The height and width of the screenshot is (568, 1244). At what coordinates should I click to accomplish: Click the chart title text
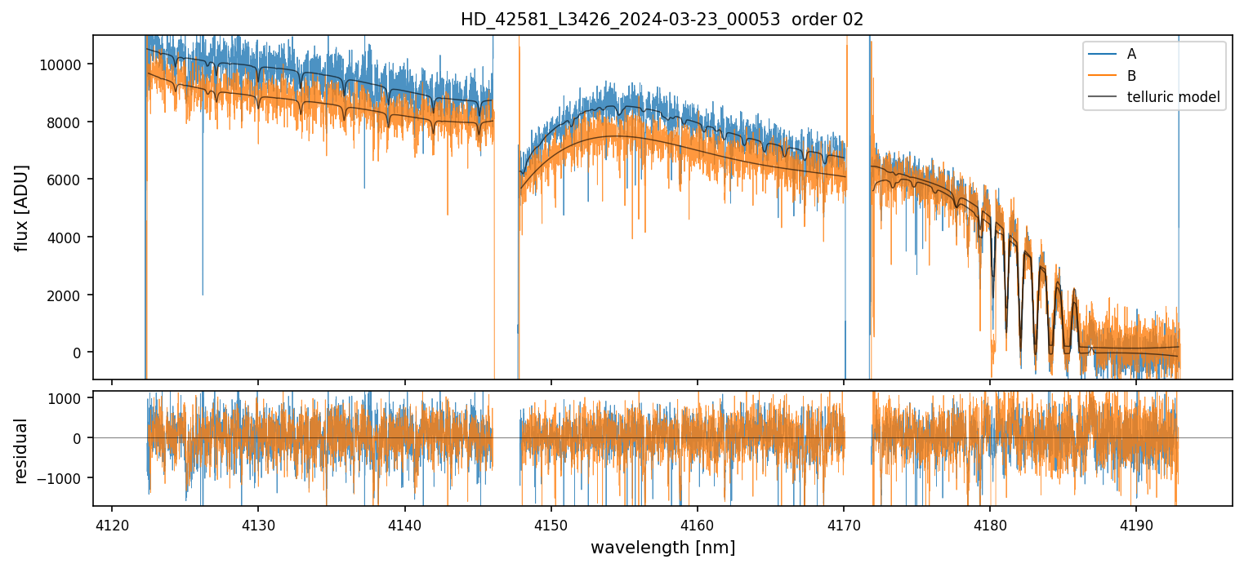tap(662, 20)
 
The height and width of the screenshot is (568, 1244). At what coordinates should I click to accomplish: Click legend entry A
tap(1131, 54)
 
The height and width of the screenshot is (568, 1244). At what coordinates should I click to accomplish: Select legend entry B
tap(1131, 76)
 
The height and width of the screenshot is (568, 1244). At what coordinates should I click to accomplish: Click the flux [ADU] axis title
tap(22, 207)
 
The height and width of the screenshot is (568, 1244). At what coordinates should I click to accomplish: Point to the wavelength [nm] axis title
tap(662, 547)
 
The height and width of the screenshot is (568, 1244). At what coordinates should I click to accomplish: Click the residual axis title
tap(22, 450)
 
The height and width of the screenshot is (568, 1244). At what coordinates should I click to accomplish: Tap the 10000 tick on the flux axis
tap(62, 64)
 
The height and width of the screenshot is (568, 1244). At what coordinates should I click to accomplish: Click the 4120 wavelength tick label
tap(112, 525)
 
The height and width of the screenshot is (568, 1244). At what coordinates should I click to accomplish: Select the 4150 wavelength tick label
tap(551, 525)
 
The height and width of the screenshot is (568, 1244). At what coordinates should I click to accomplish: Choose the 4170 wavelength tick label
tap(844, 525)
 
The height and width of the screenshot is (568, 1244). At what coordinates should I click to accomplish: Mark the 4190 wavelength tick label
tap(1136, 525)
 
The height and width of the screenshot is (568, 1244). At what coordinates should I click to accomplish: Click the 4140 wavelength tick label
tap(405, 525)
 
